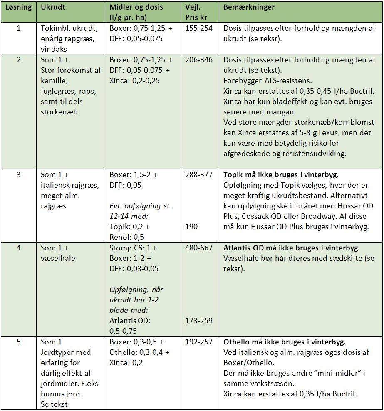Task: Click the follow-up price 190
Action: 192,227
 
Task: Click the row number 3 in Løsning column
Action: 18,175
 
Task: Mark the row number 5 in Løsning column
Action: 18,342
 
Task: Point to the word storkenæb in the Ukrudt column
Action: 59,112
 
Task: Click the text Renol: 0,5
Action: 127,237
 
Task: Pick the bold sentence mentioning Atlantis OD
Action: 291,248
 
